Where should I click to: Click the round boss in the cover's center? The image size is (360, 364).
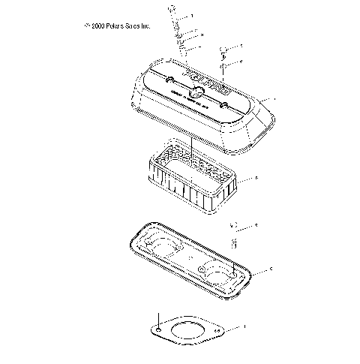pos(196,93)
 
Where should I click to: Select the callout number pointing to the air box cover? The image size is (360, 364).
pos(277,99)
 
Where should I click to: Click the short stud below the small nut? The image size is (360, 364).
pos(233,242)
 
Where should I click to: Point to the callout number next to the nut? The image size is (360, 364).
pos(256,225)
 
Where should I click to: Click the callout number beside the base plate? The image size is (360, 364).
pos(270,268)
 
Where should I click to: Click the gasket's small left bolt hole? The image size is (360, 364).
pos(159,329)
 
